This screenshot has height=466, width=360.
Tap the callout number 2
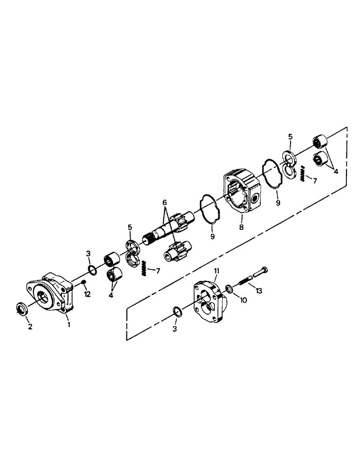(x=30, y=327)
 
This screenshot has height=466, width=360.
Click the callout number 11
(x=216, y=271)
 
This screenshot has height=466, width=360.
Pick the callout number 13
(x=259, y=291)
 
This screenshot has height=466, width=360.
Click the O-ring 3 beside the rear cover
(x=176, y=311)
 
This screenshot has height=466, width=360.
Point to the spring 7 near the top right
(x=302, y=174)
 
